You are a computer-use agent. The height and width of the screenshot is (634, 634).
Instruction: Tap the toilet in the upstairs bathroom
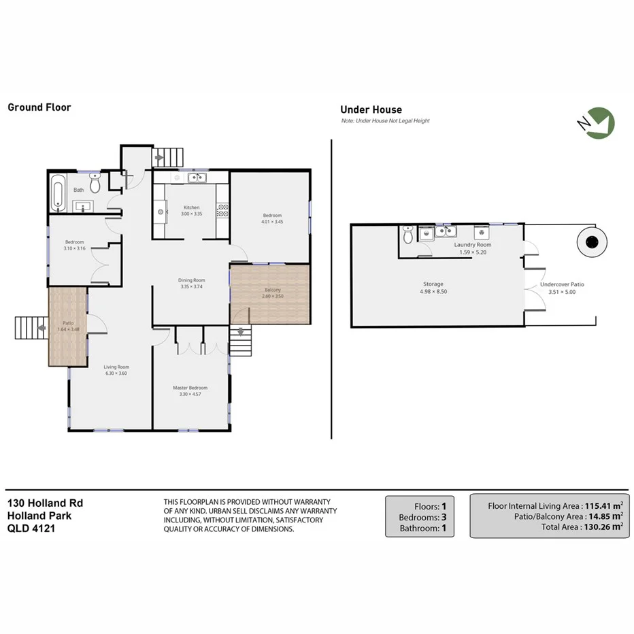click(x=95, y=184)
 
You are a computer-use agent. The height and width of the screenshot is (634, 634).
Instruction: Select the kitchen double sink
click(x=197, y=178)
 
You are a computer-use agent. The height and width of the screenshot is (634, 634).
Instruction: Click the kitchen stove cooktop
click(x=222, y=212)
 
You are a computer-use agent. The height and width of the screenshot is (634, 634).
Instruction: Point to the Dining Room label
click(x=191, y=280)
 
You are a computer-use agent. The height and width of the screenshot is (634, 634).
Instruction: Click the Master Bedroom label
click(x=190, y=388)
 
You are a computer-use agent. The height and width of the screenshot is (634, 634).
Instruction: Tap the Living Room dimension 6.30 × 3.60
click(x=116, y=373)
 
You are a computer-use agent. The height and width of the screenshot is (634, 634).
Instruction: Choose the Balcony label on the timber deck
click(x=271, y=290)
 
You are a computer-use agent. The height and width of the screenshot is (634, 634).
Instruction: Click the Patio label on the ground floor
click(x=68, y=324)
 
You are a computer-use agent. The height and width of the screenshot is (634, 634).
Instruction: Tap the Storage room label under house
click(x=433, y=284)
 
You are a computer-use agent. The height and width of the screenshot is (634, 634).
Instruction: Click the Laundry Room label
click(x=473, y=245)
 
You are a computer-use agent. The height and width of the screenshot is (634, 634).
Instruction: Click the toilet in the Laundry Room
click(x=408, y=235)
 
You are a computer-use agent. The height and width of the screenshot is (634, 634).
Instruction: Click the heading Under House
click(x=371, y=110)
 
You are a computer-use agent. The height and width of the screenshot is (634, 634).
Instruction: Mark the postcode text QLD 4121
click(x=31, y=527)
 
